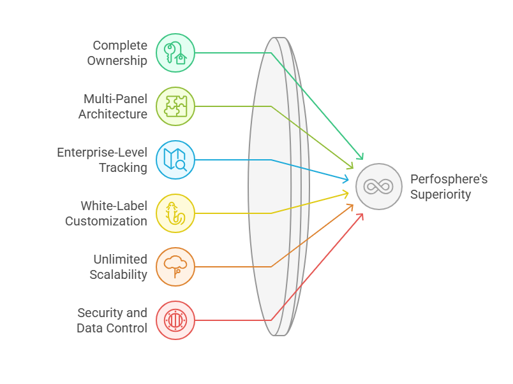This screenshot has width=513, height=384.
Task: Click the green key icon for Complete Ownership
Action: pyautogui.click(x=175, y=53)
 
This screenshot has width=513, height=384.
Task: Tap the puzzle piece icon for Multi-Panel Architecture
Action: pyautogui.click(x=175, y=106)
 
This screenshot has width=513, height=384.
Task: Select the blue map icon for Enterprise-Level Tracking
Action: pyautogui.click(x=175, y=160)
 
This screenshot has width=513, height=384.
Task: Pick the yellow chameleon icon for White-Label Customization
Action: pyautogui.click(x=175, y=213)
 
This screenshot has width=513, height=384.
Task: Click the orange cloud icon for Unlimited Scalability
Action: pyautogui.click(x=175, y=267)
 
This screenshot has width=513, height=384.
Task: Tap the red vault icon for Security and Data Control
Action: pyautogui.click(x=175, y=320)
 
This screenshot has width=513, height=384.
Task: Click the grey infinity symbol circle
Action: pyautogui.click(x=379, y=187)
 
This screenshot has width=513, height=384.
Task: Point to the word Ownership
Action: pyautogui.click(x=117, y=61)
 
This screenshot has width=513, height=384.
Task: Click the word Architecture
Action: pyautogui.click(x=113, y=115)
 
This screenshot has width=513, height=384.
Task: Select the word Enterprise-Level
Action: pyautogui.click(x=102, y=153)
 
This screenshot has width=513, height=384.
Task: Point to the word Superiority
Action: pyautogui.click(x=440, y=194)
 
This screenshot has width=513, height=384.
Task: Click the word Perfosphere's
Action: pyautogui.click(x=449, y=179)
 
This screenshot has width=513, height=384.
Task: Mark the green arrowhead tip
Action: pyautogui.click(x=363, y=159)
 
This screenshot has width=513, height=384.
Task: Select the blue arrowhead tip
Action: pyautogui.click(x=348, y=180)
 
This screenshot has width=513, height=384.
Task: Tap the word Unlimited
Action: pyautogui.click(x=120, y=260)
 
